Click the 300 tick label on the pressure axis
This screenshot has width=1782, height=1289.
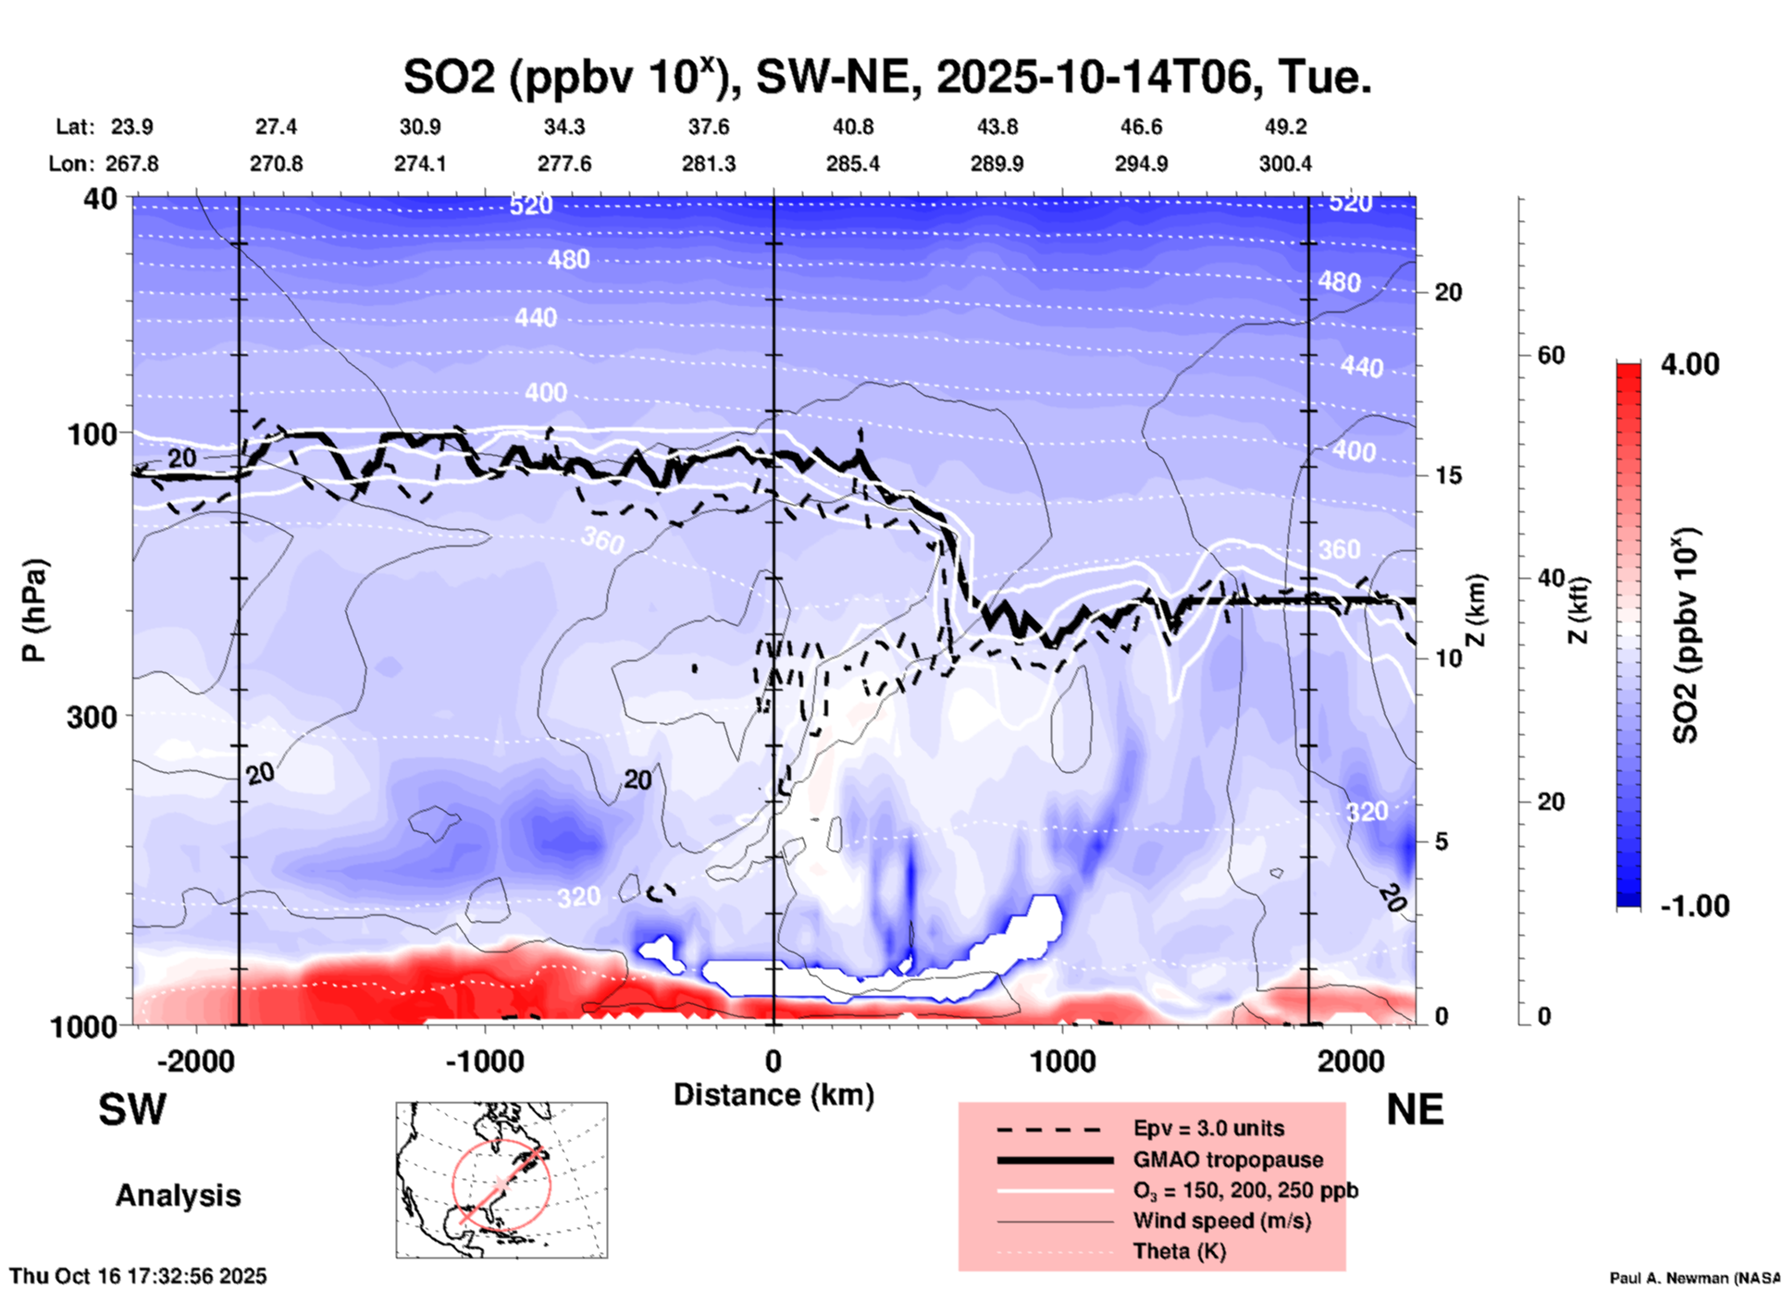click(x=92, y=717)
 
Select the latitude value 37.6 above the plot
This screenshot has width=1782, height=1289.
click(x=709, y=127)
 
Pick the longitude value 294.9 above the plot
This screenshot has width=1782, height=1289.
click(x=1141, y=164)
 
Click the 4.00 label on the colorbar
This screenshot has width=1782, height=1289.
click(x=1689, y=364)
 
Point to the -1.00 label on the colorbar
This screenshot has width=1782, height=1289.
click(x=1694, y=906)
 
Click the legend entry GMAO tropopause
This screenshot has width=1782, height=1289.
click(x=1228, y=1160)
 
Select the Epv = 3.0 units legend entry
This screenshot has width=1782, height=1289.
click(x=1208, y=1128)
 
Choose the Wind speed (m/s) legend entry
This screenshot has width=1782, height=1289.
click(x=1221, y=1221)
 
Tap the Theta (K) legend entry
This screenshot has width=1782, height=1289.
click(x=1179, y=1251)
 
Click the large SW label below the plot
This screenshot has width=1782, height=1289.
click(x=132, y=1111)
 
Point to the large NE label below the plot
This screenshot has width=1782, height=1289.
click(x=1415, y=1110)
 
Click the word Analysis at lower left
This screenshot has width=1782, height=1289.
click(x=178, y=1196)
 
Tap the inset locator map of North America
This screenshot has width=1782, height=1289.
click(x=501, y=1180)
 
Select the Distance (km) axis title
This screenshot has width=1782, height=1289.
click(x=773, y=1095)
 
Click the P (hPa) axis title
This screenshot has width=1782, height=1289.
click(x=34, y=610)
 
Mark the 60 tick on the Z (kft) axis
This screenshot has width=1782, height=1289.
click(x=1551, y=355)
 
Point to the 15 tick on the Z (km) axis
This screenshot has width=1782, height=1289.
click(x=1448, y=475)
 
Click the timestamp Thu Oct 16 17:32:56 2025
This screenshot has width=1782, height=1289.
click(x=139, y=1276)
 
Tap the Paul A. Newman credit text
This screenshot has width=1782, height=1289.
click(x=1694, y=1278)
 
